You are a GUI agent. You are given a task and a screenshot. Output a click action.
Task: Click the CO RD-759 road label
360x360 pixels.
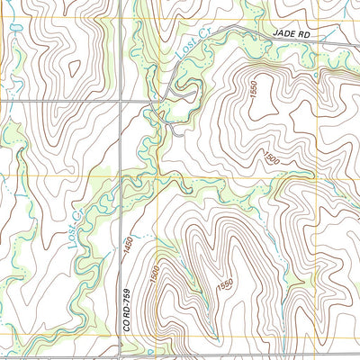point(127,310)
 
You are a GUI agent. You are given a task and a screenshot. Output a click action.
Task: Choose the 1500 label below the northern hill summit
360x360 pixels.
point(270,158)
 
